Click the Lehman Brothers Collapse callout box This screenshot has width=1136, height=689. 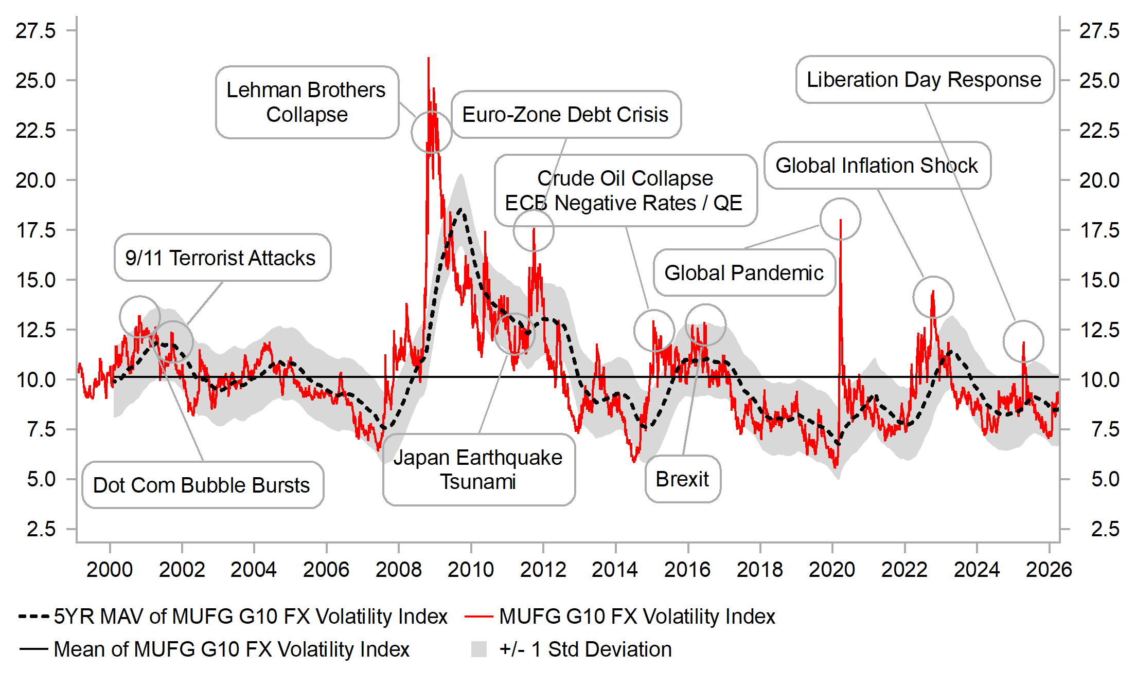307,102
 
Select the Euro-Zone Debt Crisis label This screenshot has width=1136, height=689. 565,115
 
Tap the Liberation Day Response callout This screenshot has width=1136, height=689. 924,80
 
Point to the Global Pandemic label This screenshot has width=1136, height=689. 744,273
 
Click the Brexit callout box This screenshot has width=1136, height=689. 682,479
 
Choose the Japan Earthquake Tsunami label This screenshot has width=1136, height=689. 478,469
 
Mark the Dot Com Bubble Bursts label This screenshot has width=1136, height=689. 202,485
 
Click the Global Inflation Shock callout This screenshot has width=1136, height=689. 877,166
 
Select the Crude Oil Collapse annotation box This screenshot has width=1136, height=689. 625,191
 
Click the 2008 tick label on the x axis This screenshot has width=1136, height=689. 398,570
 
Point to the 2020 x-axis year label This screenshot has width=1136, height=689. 832,570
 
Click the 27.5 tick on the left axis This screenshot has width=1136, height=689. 35,31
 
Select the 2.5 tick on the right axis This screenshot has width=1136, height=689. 1105,529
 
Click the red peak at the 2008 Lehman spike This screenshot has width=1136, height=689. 428,59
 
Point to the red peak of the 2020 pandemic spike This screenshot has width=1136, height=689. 840,220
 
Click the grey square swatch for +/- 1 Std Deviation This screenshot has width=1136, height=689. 479,649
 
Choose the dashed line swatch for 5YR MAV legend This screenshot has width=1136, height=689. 34,616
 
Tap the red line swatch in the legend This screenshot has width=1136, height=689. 478,617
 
